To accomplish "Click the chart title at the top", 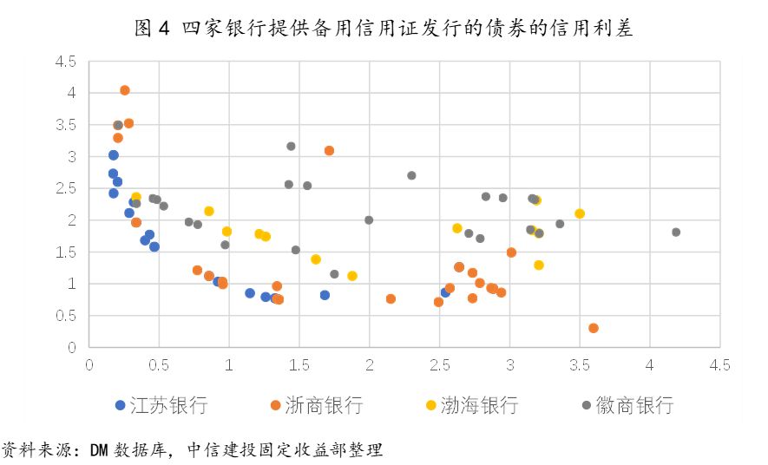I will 384,29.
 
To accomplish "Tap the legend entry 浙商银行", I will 316,405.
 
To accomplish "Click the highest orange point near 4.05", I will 125,90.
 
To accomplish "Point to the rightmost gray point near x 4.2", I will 676,232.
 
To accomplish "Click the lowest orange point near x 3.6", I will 594,328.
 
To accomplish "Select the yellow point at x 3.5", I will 580,213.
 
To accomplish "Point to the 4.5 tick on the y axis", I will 66,62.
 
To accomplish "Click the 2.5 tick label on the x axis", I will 439,364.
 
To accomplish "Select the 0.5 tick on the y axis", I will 66,316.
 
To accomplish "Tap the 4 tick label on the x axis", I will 649,364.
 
